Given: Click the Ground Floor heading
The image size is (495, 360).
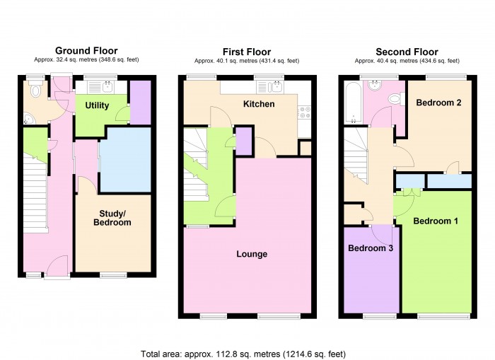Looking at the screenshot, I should coord(87,50).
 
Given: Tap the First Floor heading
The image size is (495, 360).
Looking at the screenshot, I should coord(248,52).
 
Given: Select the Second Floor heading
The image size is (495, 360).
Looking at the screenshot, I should coord(407,52).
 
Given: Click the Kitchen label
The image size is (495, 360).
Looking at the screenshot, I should coord(259,104).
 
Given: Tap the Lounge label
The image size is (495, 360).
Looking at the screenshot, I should coord(252,254).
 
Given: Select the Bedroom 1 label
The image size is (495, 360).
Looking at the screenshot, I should coord(436,221).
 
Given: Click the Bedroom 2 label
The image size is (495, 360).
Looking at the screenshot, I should coord(438,103).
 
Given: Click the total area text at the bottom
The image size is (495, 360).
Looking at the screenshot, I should coord(243,353).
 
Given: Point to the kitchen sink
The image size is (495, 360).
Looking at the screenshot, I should coord(272,88).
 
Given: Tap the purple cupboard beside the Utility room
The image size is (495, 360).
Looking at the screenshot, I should coord(141,103).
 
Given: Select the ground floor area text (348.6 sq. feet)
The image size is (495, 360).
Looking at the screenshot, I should coord(87,60).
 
